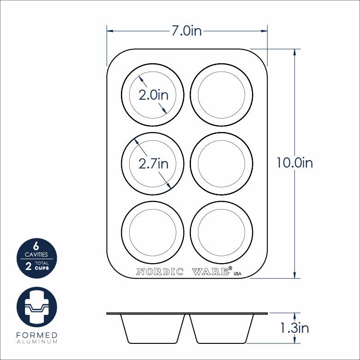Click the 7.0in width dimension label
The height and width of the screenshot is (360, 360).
(186, 31)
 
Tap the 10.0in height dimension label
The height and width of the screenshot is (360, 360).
(294, 163)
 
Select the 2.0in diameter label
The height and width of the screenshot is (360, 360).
(154, 95)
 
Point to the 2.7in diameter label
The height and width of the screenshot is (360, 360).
(154, 163)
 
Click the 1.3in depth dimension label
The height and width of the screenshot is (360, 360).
(294, 328)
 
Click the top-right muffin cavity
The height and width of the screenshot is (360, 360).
(221, 95)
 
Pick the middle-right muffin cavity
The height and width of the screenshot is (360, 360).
(221, 163)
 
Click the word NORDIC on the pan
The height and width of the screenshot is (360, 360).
(160, 272)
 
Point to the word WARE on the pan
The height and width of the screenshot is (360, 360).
(211, 272)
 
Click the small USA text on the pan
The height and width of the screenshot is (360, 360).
(238, 274)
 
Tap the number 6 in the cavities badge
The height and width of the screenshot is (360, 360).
(36, 246)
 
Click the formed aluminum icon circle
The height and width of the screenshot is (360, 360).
(36, 307)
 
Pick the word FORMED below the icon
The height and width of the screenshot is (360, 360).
(36, 335)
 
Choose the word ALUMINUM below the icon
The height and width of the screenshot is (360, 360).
(36, 342)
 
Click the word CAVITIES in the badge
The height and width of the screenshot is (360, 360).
(36, 254)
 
